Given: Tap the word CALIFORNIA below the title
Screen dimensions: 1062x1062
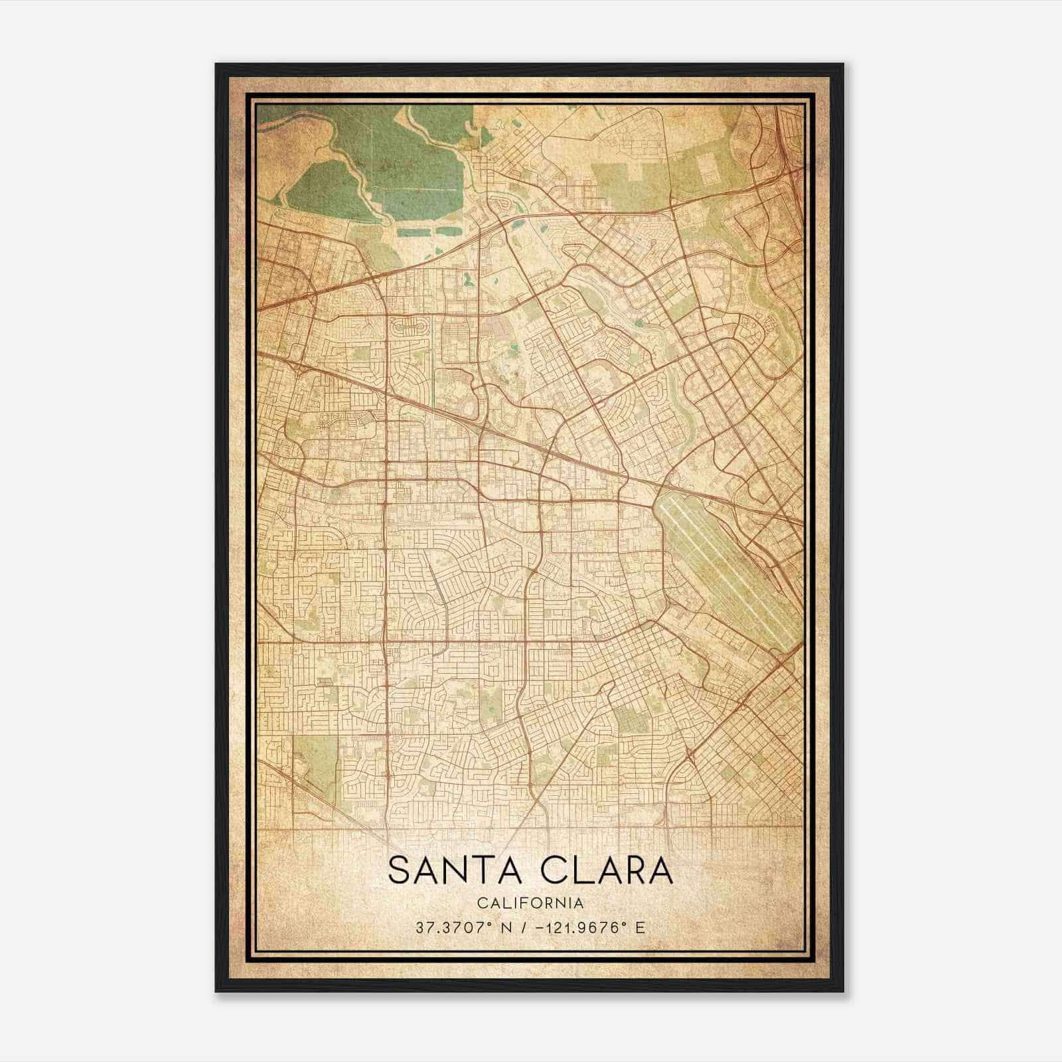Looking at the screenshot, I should [530, 903].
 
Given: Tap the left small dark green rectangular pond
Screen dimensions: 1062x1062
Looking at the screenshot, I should [415, 232].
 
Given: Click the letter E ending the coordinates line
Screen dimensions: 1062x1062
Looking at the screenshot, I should [640, 927].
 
